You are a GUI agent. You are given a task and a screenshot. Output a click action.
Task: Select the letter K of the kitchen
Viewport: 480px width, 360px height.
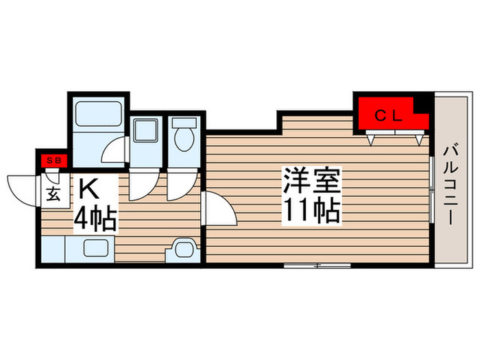click(87, 187)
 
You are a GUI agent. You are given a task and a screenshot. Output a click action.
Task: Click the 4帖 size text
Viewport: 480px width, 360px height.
click(94, 218)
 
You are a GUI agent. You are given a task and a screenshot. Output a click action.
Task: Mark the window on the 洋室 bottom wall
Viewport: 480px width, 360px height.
click(315, 265)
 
